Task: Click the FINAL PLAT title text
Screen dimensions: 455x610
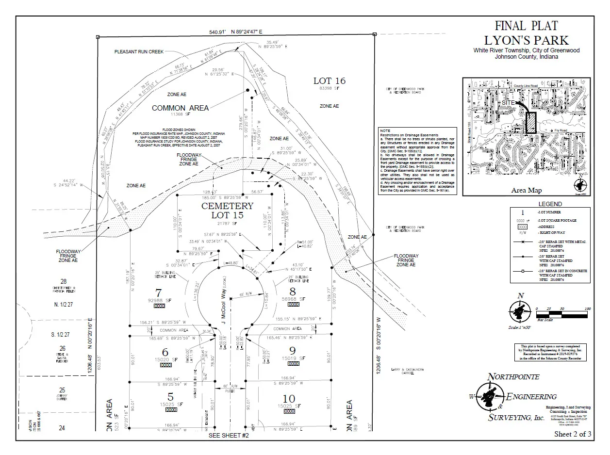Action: (x=526, y=26)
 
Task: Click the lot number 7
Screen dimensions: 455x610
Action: (x=158, y=292)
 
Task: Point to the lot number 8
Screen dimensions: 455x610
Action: (x=292, y=292)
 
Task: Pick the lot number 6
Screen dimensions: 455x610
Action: (x=165, y=352)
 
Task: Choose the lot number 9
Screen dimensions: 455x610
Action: (x=292, y=350)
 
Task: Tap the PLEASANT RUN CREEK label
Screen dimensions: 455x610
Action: (x=139, y=51)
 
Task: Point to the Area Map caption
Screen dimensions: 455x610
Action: (x=527, y=191)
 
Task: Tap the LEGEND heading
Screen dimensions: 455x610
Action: (x=550, y=204)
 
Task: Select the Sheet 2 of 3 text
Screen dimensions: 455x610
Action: (x=573, y=434)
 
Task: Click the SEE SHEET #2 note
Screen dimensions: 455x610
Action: (x=229, y=436)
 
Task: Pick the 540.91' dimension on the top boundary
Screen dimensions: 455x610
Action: (x=218, y=32)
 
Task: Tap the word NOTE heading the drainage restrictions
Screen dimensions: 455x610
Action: (x=385, y=130)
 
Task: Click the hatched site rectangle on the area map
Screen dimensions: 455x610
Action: (x=531, y=122)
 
